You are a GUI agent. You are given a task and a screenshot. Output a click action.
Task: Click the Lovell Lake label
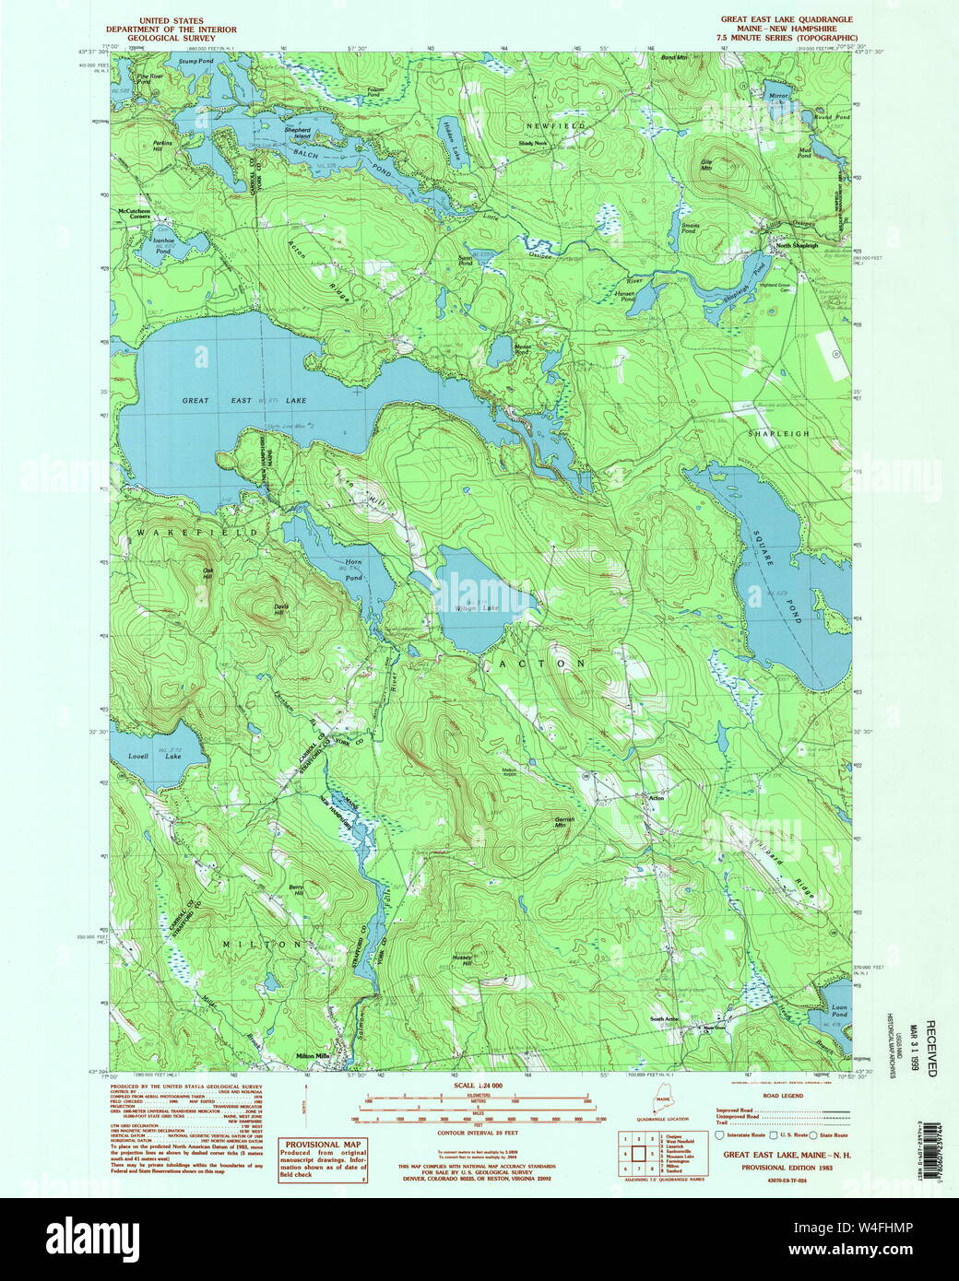pyautogui.click(x=148, y=757)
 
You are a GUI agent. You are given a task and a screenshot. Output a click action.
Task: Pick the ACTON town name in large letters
pyautogui.click(x=542, y=663)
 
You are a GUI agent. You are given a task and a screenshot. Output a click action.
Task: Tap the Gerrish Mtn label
pyautogui.click(x=565, y=822)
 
